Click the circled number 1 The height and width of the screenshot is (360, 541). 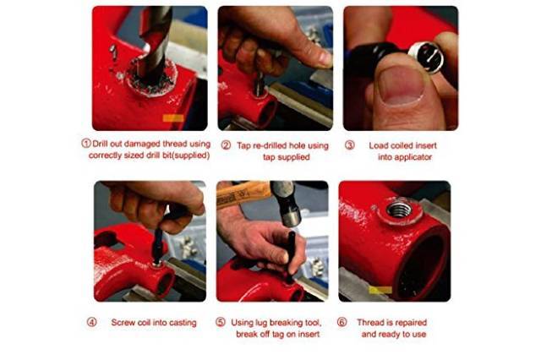tap(86, 144)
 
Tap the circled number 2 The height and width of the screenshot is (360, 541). tap(226, 145)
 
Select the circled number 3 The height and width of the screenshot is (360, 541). tap(350, 145)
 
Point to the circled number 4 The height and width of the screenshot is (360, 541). tap(92, 323)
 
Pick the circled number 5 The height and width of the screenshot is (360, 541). tap(221, 323)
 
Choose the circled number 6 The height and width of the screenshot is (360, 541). tap(342, 323)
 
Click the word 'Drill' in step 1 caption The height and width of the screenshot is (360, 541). tap(101, 144)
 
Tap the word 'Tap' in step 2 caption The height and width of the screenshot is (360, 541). tap(243, 145)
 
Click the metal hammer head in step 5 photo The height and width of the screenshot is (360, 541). tap(287, 203)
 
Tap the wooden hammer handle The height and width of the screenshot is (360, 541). tap(243, 194)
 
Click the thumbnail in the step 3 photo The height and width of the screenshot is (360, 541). tap(402, 85)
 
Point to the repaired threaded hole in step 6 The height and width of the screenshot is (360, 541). tap(399, 210)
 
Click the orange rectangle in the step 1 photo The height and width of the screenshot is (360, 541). tap(173, 118)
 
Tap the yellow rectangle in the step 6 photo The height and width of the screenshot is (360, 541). tap(380, 290)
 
